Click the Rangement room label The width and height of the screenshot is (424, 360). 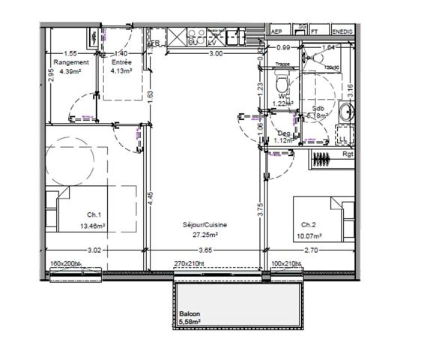(71, 62)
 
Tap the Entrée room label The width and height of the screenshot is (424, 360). (121, 62)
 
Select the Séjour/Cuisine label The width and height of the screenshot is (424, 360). (205, 224)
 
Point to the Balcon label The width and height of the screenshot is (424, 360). (190, 315)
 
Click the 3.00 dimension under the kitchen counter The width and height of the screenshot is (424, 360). (215, 54)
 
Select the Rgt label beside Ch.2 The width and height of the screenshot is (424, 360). (347, 154)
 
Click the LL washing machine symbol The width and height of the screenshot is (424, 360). (342, 139)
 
